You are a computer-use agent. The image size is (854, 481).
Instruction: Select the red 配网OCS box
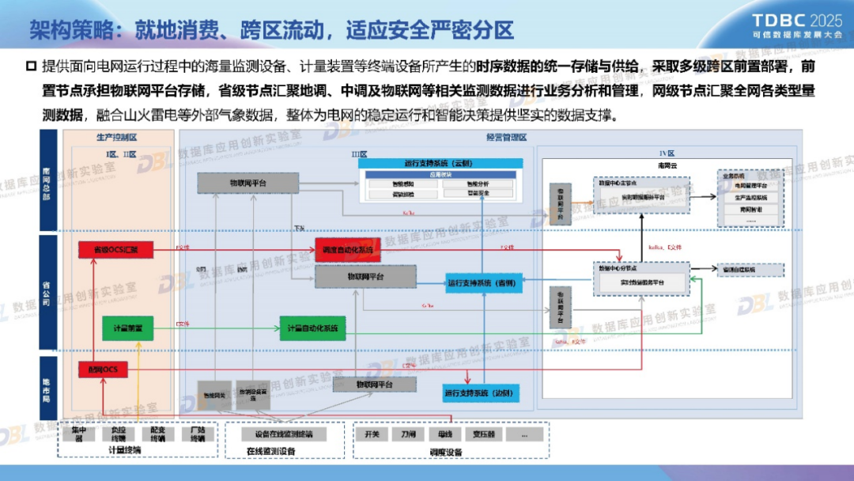click(103, 370)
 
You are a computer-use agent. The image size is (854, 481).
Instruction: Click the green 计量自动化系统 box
click(312, 328)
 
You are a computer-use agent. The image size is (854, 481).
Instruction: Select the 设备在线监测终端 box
click(284, 434)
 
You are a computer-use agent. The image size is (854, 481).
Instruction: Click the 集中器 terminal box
click(78, 434)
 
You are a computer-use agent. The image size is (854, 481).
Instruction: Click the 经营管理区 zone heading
click(506, 138)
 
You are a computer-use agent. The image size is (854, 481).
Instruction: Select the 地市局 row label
click(47, 388)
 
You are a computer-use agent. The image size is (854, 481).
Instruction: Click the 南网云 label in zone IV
click(668, 166)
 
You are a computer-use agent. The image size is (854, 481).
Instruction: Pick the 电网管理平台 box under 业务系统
click(751, 185)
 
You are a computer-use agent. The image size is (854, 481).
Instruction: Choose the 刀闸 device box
click(408, 434)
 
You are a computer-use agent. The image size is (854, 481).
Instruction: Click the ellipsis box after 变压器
click(522, 434)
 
